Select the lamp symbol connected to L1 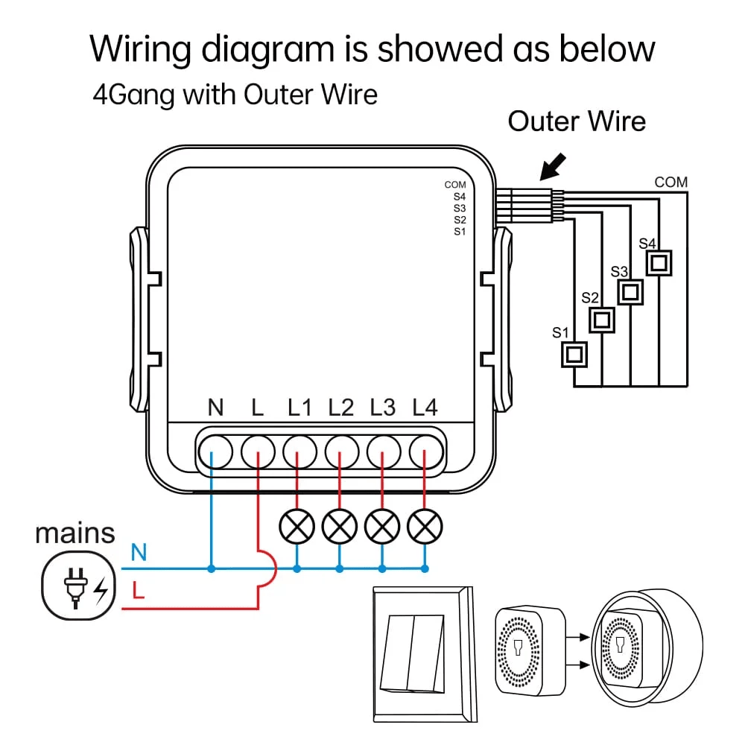coord(297,527)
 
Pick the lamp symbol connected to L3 coord(382,527)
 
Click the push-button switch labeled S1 coord(574,354)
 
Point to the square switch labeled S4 coord(659,262)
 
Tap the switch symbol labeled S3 coord(631,291)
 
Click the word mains coord(75,533)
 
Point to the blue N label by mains coord(139,553)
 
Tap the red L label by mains coord(138,592)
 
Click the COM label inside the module coord(455,184)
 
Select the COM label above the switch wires coord(670,182)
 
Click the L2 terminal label coord(341,408)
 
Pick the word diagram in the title coord(267,49)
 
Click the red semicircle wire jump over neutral coord(268,568)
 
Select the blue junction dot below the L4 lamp coord(425,568)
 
